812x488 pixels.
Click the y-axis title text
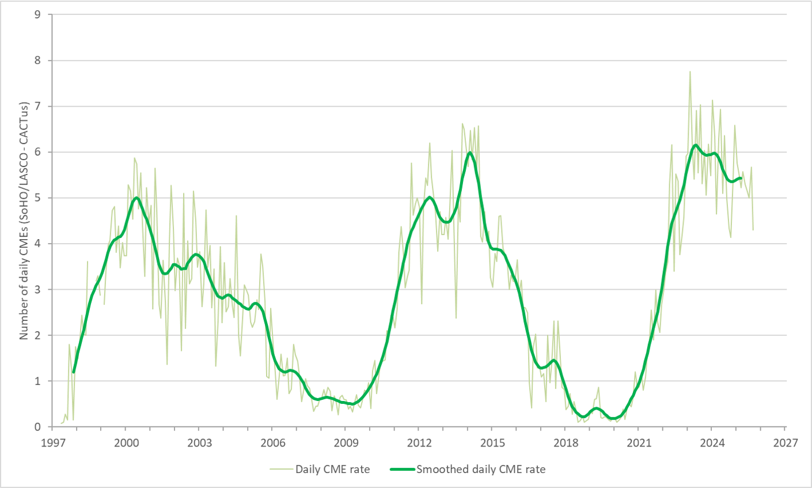click(x=24, y=221)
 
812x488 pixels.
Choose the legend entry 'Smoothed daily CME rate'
click(x=481, y=469)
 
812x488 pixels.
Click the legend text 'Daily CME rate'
click(x=332, y=469)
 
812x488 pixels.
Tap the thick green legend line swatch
click(x=401, y=469)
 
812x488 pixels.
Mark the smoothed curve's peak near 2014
click(x=470, y=152)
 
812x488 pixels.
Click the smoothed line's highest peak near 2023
click(x=696, y=145)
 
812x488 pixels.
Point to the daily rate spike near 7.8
click(x=689, y=72)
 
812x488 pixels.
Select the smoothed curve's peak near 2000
click(x=136, y=198)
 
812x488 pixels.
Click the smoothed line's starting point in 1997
click(x=74, y=372)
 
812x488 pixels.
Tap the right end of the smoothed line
click(x=741, y=178)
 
